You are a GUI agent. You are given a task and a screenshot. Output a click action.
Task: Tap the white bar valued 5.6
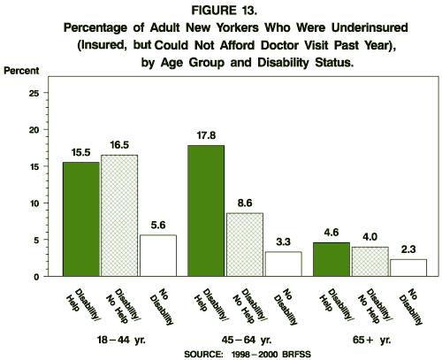click(x=157, y=256)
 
